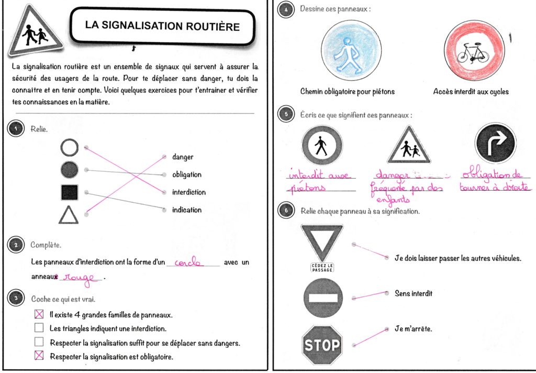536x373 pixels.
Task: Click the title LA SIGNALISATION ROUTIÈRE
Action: (162, 25)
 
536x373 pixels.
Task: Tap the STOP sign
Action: (322, 344)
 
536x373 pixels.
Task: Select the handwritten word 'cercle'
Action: (189, 262)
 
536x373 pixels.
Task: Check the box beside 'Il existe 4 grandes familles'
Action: (39, 315)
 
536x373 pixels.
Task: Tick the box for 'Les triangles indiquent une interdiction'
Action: (39, 328)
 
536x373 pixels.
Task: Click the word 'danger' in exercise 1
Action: (182, 157)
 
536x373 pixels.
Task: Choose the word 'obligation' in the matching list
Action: (186, 174)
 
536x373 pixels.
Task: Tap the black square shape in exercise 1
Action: (69, 192)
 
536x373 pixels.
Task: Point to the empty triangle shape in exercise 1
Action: (69, 214)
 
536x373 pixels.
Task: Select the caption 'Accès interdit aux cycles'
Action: (471, 92)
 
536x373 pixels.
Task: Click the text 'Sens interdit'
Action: (413, 294)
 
